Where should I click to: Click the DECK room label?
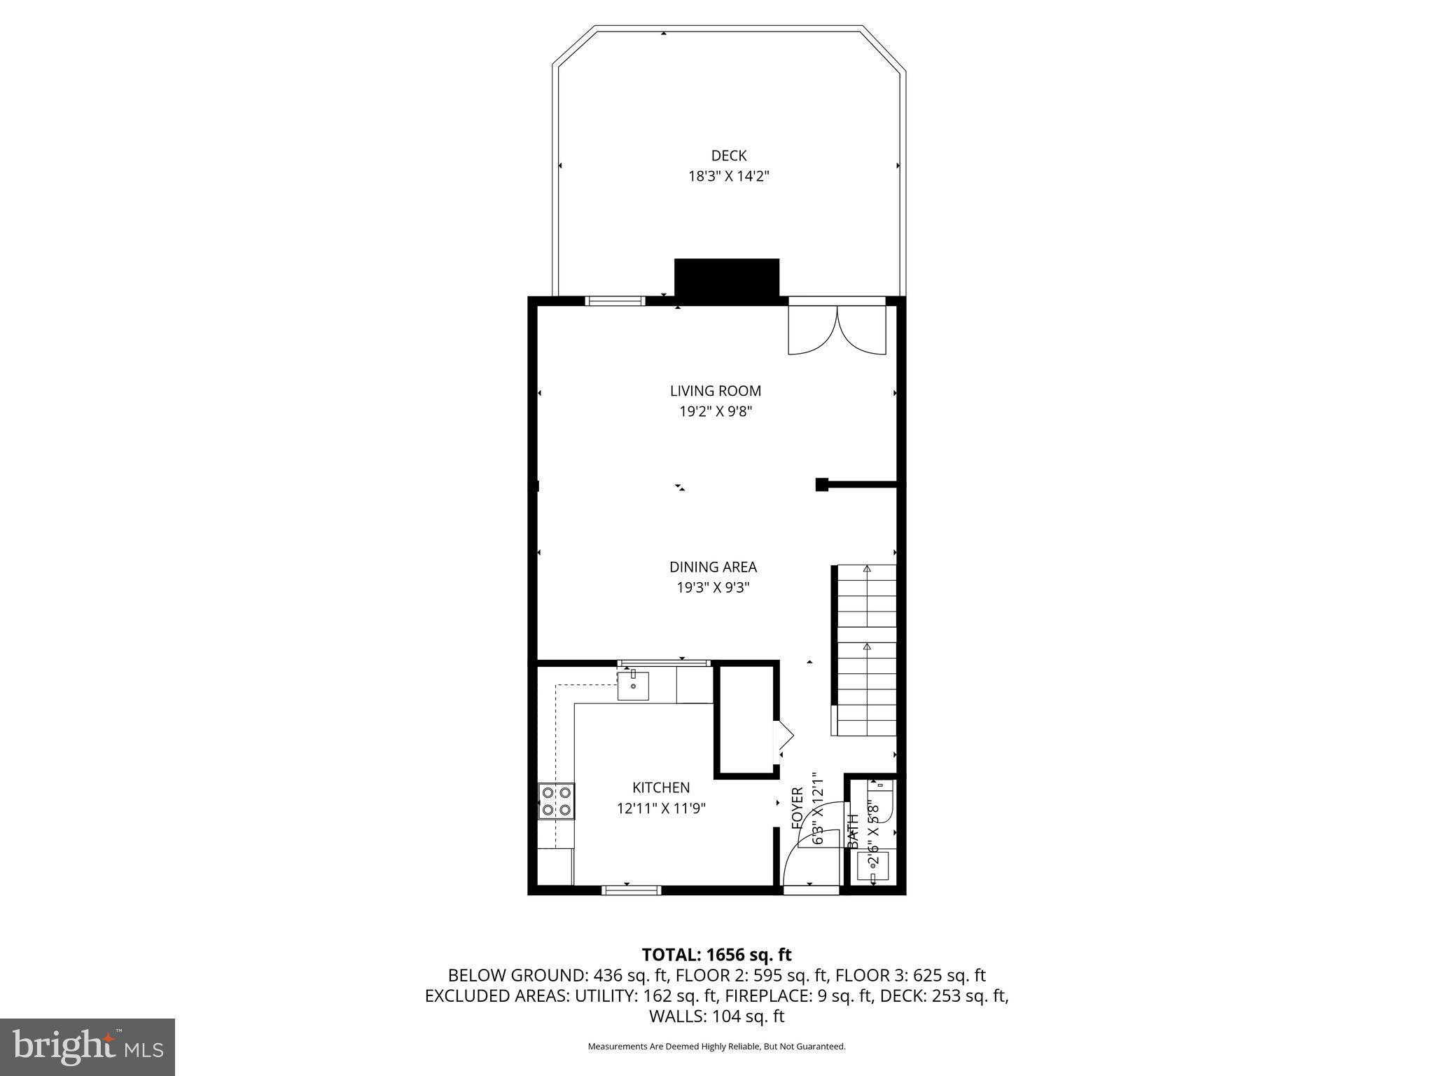click(728, 156)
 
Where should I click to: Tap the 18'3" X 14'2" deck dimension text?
click(728, 176)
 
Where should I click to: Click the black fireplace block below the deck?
click(726, 280)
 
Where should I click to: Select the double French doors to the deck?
click(837, 328)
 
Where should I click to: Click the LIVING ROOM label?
click(715, 391)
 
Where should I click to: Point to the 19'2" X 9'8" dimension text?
click(715, 411)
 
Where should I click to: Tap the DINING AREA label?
click(713, 567)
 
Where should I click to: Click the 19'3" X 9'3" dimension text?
click(713, 587)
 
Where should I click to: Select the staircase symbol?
click(865, 650)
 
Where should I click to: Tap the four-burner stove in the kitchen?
click(556, 801)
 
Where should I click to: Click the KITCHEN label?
click(661, 787)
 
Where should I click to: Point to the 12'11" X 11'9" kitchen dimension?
click(661, 808)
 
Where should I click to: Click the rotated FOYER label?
click(798, 808)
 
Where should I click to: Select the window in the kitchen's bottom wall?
click(631, 890)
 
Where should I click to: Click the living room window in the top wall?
click(615, 301)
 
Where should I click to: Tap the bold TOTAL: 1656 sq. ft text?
click(716, 954)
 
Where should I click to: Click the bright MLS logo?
click(88, 1047)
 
